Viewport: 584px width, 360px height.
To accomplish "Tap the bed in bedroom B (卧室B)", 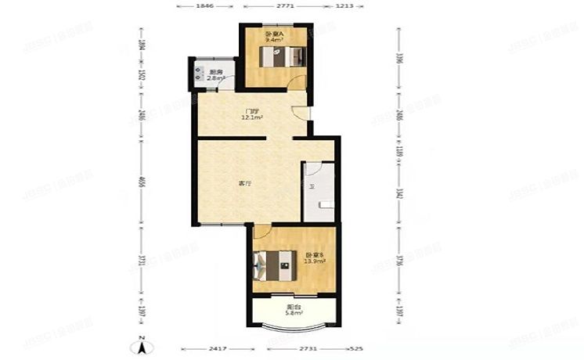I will (x=274, y=263).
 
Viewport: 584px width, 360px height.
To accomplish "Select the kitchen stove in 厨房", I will (x=196, y=71).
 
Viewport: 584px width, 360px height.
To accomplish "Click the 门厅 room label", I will (x=252, y=112).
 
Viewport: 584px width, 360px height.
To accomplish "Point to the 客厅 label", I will (x=244, y=184).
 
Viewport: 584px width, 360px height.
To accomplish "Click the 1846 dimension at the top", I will (x=204, y=7).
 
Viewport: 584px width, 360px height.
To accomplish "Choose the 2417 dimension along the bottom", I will (x=218, y=347).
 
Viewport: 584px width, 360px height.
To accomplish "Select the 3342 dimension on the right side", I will (x=398, y=193).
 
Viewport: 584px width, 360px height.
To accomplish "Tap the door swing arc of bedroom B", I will (x=262, y=232).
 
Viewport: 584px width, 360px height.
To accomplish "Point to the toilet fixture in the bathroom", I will (x=327, y=204).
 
